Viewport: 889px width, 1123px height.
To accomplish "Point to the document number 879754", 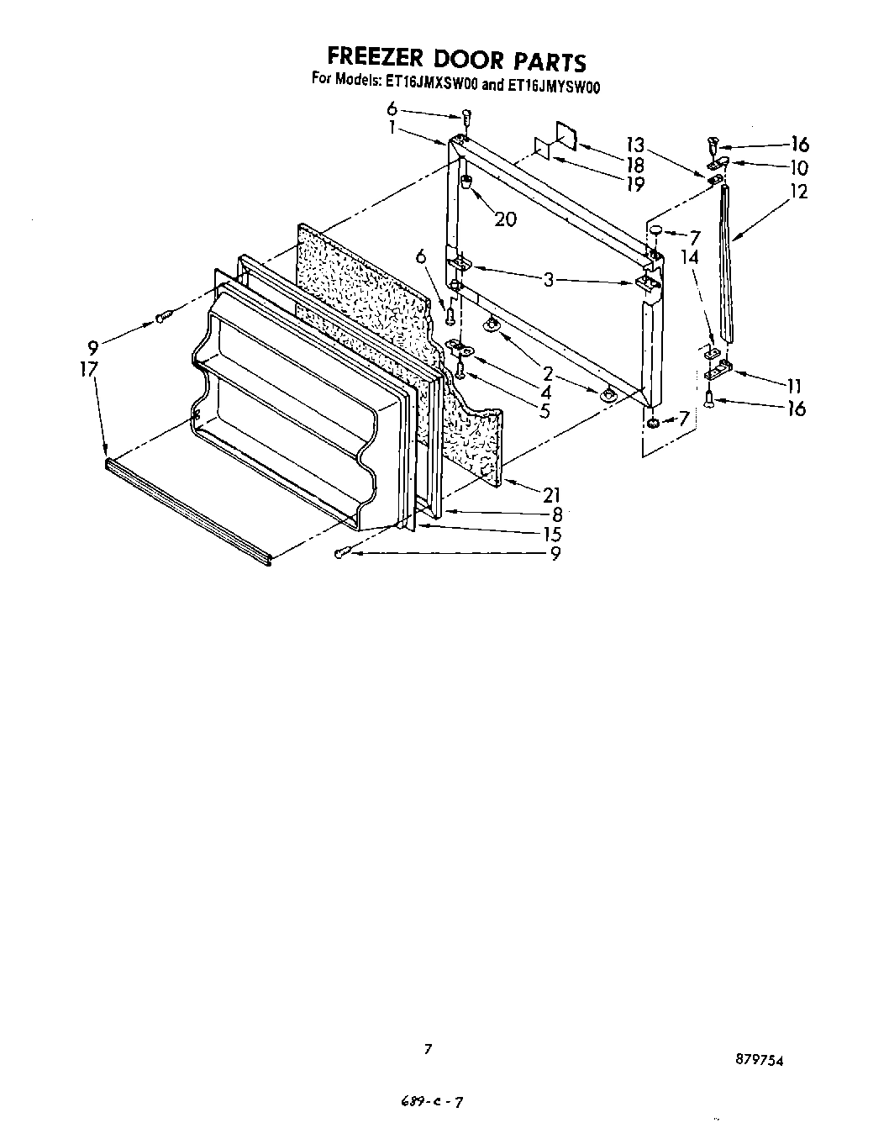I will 759,1061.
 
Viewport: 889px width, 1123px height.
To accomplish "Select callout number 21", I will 551,495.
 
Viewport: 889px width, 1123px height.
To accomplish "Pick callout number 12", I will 798,192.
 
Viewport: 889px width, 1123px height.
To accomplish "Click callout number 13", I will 635,145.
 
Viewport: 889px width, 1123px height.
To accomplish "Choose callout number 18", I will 635,166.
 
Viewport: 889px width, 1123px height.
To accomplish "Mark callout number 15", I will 551,534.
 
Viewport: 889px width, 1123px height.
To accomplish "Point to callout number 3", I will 548,280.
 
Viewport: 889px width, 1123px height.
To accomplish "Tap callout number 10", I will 798,167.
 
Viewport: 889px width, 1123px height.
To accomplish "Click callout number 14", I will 689,256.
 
